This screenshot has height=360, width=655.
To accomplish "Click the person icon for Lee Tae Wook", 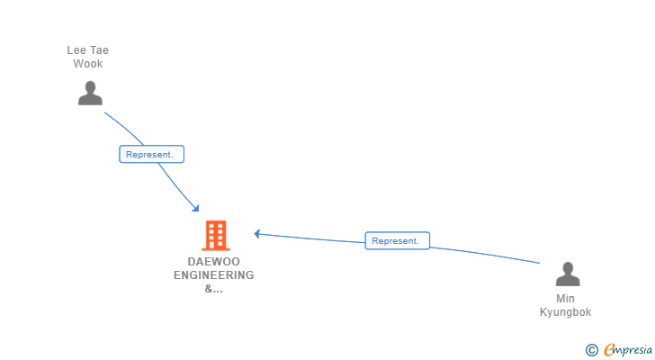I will (x=90, y=93).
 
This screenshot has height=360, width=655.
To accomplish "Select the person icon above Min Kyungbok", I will (x=567, y=274).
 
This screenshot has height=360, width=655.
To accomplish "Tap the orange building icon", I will (x=215, y=236).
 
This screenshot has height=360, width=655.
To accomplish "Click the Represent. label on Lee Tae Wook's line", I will (x=151, y=154).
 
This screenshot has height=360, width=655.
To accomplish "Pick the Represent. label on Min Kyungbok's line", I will (x=397, y=240).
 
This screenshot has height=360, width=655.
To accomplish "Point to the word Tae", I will (x=99, y=50).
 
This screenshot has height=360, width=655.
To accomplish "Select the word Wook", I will (x=88, y=64).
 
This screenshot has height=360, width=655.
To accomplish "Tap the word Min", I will (x=566, y=299).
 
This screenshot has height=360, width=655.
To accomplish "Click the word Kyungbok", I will (x=566, y=312).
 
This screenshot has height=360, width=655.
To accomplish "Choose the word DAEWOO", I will (x=214, y=262).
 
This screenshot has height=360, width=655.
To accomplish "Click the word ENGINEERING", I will (x=214, y=275).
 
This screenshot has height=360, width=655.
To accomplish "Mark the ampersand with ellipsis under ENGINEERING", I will (x=214, y=289).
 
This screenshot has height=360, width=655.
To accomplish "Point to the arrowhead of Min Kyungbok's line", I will (x=257, y=233).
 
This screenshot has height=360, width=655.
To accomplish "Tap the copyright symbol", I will (x=591, y=350).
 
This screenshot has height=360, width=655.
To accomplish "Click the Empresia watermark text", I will (x=627, y=350).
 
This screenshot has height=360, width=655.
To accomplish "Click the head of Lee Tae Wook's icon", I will (x=90, y=86).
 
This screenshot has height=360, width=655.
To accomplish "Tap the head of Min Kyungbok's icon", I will (x=567, y=267).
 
